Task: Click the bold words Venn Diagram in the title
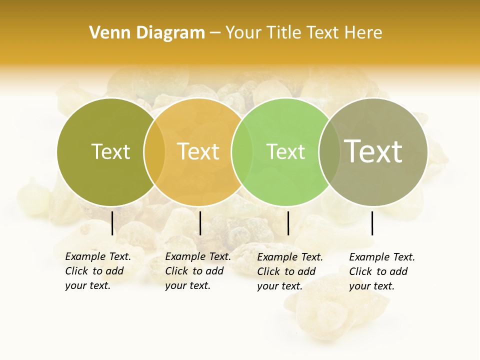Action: (147, 33)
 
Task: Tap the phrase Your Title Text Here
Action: (303, 33)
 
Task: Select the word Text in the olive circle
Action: (110, 151)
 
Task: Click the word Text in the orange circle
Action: (198, 151)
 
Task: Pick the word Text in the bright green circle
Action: (285, 151)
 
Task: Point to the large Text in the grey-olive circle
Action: (373, 151)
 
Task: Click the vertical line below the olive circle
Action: (112, 223)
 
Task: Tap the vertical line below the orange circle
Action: (200, 223)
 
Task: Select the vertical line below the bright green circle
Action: (288, 223)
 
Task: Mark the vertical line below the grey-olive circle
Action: (372, 223)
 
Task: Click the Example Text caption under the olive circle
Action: (98, 271)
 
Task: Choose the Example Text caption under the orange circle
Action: (198, 271)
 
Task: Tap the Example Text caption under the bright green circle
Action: (290, 271)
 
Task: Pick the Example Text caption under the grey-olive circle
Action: (382, 271)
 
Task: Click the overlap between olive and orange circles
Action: (154, 151)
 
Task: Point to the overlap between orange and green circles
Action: (242, 151)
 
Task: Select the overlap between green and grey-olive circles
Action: (329, 151)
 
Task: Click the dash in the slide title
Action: (215, 33)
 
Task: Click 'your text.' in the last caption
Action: (371, 286)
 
